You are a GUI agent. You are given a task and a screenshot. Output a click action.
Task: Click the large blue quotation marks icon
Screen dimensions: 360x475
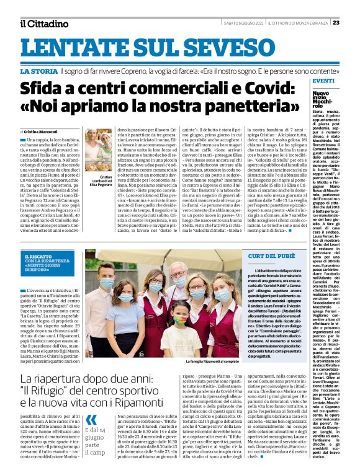pyautogui.click(x=92, y=422)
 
